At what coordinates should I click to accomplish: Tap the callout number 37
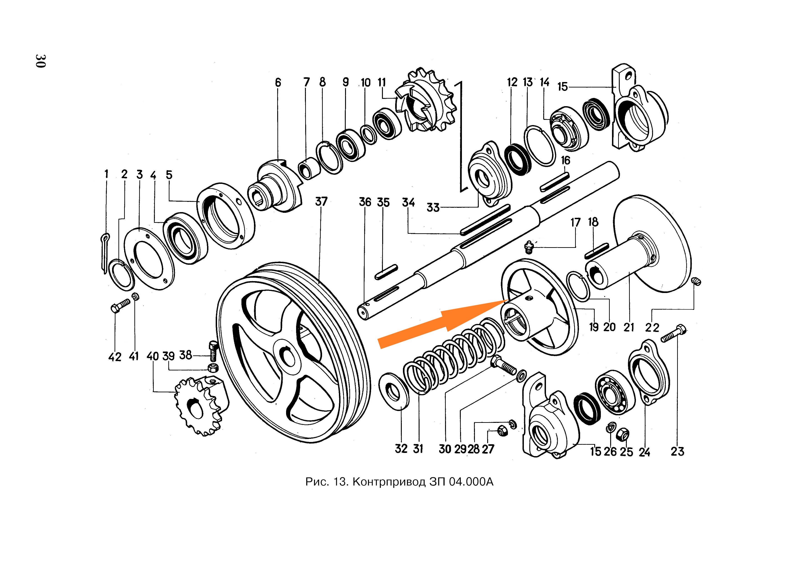coord(321,202)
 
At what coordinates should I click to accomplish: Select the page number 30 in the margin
coord(40,61)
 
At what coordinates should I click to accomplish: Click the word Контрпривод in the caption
coord(389,482)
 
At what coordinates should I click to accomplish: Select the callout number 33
coord(433,208)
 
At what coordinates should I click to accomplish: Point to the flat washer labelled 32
coord(394,392)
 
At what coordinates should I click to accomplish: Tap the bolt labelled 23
coord(673,333)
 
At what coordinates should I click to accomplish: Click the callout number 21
coord(628,327)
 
